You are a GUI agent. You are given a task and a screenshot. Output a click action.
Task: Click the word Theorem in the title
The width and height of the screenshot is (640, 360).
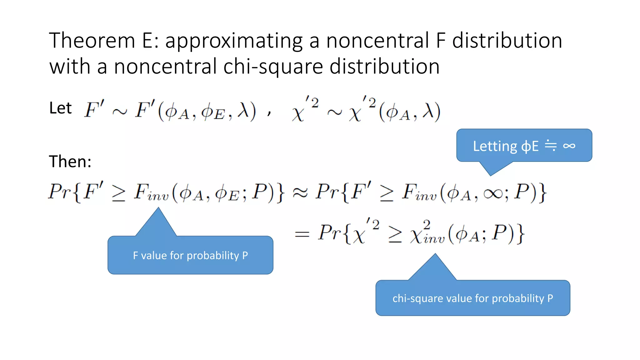click(x=92, y=41)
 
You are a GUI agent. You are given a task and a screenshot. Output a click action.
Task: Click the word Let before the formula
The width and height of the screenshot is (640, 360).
click(x=60, y=108)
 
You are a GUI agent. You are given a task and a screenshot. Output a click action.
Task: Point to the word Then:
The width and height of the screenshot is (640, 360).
click(x=70, y=162)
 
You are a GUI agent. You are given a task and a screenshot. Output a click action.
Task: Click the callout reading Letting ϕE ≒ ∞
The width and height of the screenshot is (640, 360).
click(x=524, y=146)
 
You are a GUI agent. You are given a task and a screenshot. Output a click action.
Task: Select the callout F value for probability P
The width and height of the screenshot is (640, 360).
click(x=190, y=255)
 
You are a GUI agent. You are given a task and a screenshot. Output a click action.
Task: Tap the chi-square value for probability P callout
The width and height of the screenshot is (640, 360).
click(x=472, y=298)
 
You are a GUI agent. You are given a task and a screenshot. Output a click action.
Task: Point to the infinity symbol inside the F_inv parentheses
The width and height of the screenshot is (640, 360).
click(x=493, y=194)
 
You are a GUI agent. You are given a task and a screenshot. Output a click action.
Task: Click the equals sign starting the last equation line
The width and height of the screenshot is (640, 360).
click(x=302, y=234)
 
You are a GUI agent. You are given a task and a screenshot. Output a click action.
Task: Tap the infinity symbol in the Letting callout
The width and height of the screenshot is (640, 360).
click(x=569, y=146)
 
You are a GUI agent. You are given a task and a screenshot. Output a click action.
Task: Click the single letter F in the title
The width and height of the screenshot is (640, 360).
click(x=441, y=41)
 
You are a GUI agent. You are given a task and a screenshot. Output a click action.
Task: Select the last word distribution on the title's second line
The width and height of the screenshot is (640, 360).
click(x=384, y=67)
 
